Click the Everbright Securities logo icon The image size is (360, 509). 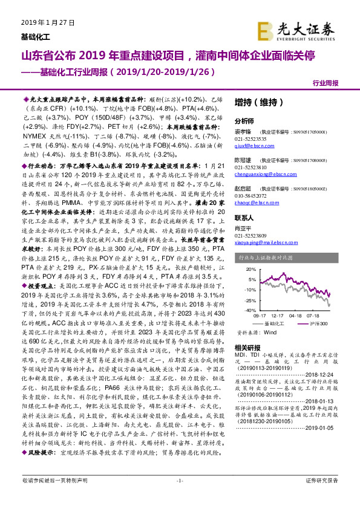pos(264,29)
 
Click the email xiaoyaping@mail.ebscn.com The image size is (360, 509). pos(266,254)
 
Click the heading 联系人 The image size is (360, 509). pos(244,234)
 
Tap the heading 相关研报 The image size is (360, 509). pos(247,348)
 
